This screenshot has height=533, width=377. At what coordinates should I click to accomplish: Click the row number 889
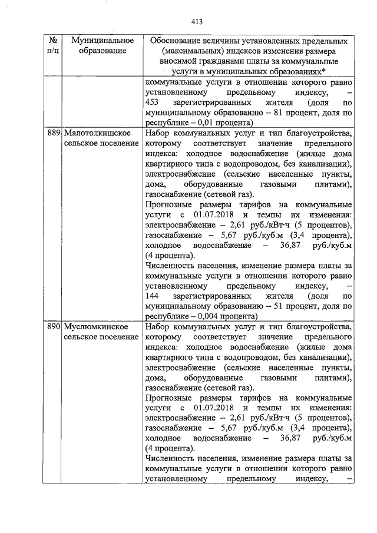pyautogui.click(x=54, y=134)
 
